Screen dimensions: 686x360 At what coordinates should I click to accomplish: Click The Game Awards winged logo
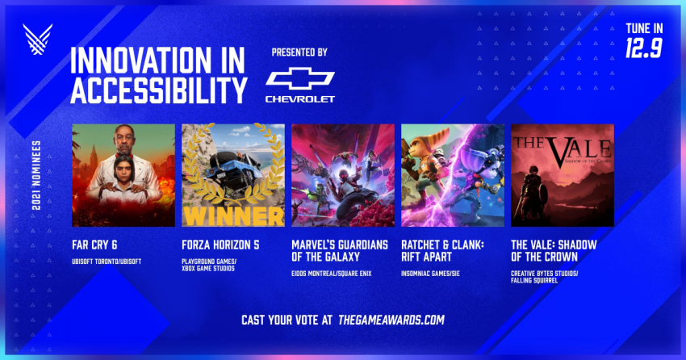click(x=38, y=39)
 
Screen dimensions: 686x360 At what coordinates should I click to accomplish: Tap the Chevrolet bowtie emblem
click(x=300, y=79)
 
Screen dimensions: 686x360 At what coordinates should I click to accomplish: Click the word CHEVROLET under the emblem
click(x=300, y=99)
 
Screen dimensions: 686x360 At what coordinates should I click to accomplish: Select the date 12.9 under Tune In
click(x=643, y=48)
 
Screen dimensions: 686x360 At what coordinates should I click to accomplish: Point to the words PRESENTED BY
click(x=299, y=52)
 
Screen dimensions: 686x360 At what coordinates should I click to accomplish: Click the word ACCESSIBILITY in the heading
click(x=159, y=90)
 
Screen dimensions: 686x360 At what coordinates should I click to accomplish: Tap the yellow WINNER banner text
click(x=233, y=216)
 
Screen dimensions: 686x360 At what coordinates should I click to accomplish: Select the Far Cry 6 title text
click(x=94, y=245)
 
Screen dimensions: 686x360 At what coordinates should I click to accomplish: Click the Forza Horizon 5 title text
click(x=220, y=245)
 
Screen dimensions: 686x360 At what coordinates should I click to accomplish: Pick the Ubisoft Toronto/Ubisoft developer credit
click(x=107, y=262)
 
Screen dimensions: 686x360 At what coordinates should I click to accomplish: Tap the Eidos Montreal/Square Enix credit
click(x=332, y=274)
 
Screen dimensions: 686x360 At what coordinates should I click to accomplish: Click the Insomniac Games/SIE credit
click(x=430, y=274)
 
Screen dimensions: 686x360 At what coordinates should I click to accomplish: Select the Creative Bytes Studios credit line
click(x=545, y=274)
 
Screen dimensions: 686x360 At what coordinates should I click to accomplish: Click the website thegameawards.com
click(x=391, y=320)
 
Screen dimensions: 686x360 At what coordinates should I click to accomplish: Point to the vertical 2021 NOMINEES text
click(x=36, y=175)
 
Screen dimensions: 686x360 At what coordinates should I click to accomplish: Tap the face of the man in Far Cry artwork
click(x=124, y=138)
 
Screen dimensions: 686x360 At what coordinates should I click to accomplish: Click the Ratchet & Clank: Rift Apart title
click(x=443, y=251)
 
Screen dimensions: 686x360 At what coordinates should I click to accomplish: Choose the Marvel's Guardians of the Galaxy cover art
click(x=343, y=175)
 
